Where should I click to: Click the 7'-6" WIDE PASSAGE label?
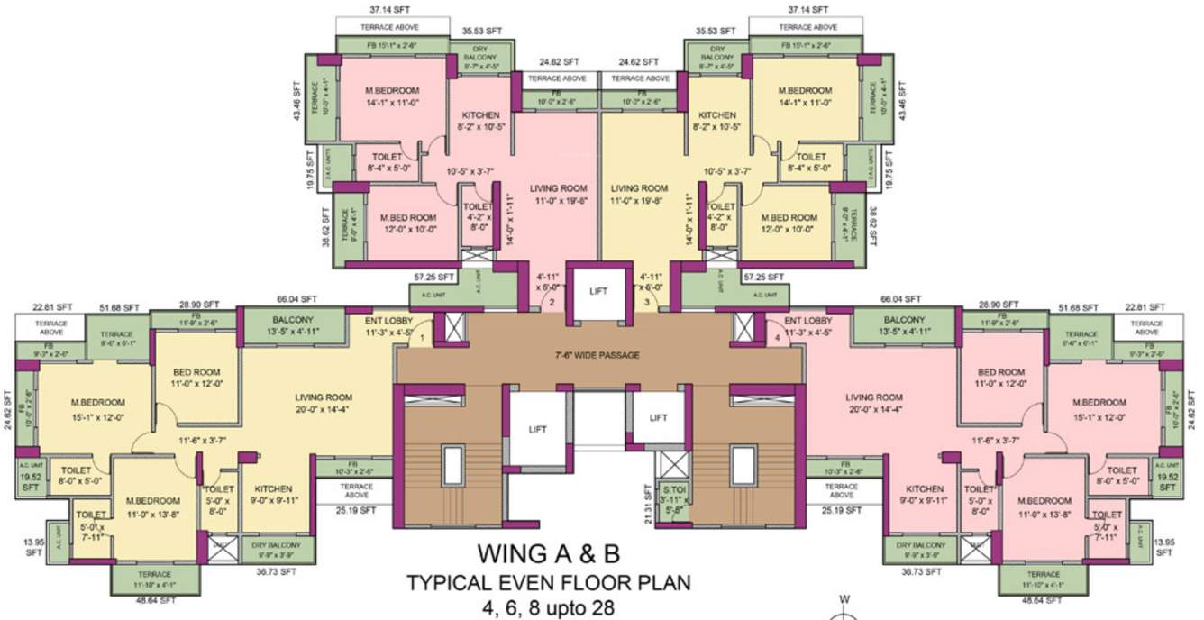point(598,355)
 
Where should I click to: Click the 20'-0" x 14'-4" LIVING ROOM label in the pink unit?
point(873,404)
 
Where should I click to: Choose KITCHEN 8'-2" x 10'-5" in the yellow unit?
point(716,121)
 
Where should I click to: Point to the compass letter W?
point(844,597)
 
